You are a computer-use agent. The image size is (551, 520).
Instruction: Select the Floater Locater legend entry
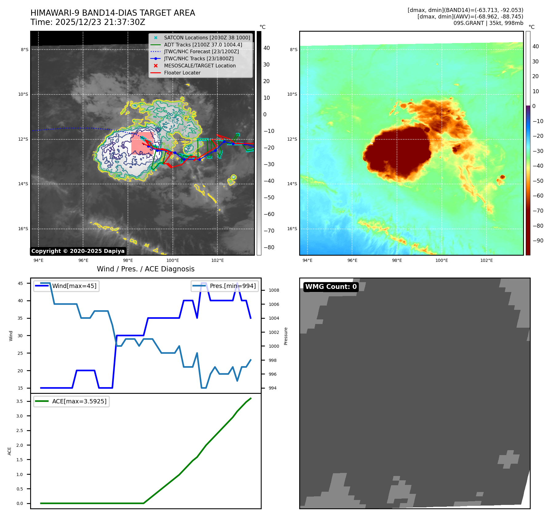pos(182,73)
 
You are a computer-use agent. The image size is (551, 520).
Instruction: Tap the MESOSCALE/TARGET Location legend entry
pos(200,66)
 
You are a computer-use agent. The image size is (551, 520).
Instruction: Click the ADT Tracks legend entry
pos(203,45)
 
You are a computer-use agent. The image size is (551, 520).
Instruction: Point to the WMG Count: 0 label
pos(331,287)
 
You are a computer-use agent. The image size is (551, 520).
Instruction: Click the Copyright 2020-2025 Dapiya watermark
pos(78,251)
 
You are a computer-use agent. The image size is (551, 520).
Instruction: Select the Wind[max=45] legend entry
pos(74,286)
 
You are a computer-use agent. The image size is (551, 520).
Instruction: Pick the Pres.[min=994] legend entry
pos(232,286)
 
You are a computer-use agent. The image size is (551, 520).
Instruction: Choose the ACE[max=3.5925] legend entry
pos(79,402)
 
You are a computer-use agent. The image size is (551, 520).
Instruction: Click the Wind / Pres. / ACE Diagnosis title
pos(145,269)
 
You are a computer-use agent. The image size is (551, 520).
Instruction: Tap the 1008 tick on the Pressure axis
pos(274,290)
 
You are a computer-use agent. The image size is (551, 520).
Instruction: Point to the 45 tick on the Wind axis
pos(20,283)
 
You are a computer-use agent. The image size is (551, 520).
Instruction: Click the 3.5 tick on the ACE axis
pos(20,401)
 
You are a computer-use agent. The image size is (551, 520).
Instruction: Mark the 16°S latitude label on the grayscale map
pos(23,229)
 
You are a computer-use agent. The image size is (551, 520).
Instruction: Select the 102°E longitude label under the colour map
pos(486,261)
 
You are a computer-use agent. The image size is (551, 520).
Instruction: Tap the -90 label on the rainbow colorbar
pos(538,241)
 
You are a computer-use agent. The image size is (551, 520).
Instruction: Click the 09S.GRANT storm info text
pos(488,23)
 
